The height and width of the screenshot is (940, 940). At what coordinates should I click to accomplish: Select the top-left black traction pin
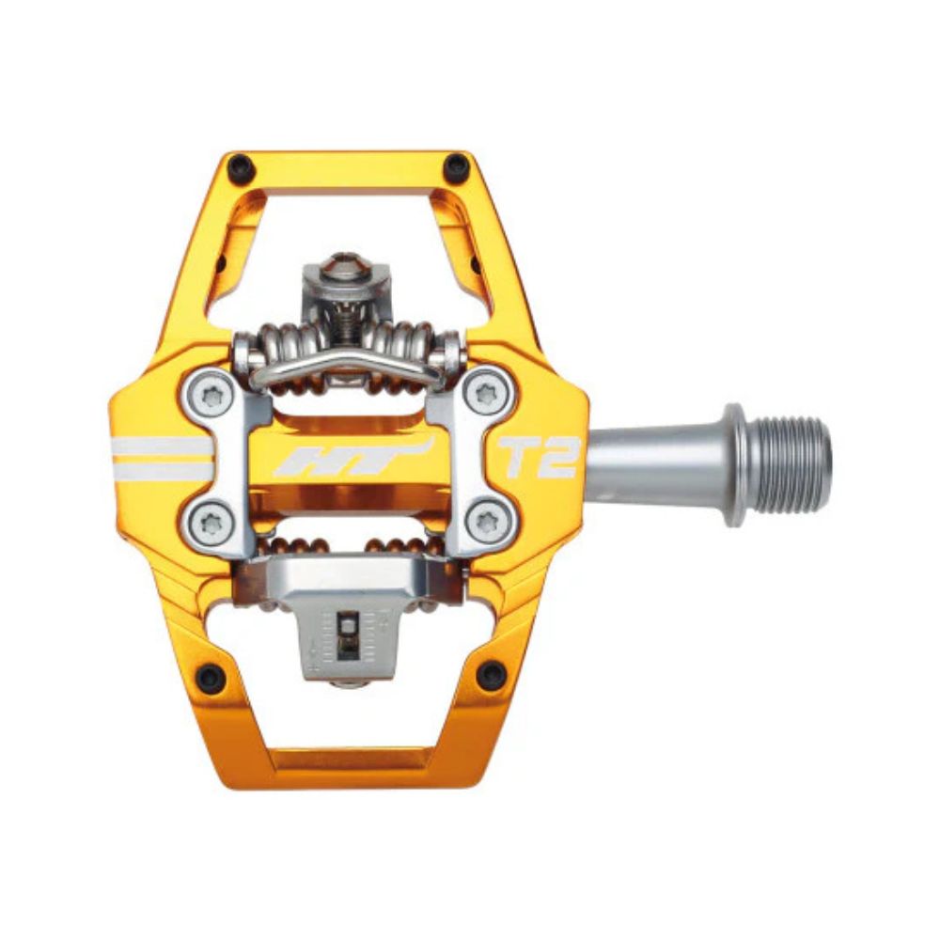(x=242, y=166)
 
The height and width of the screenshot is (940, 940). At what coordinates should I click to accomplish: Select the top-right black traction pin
(x=457, y=167)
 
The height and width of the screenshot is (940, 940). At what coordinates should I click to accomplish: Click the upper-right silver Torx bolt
(x=486, y=394)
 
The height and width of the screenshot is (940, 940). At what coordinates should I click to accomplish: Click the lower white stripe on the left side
(x=161, y=469)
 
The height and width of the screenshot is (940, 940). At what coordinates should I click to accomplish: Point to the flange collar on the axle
(x=733, y=464)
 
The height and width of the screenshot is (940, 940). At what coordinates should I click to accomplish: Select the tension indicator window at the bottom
(x=345, y=629)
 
